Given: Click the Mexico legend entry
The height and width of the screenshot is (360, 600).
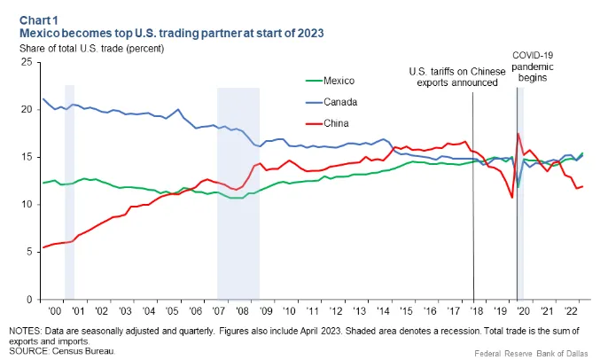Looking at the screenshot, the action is pos(331,81).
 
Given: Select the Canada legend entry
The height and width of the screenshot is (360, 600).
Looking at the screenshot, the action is pos(331,102).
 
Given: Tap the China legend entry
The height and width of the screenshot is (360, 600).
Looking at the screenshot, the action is pos(327,123).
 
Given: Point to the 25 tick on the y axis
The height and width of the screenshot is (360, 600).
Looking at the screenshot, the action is pos(27,62).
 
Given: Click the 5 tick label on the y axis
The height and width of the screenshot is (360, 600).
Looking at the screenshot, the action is pos(29,252).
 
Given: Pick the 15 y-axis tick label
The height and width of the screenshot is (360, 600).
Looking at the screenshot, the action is pos(27,157).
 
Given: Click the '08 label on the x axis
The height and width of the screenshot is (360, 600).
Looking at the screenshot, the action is pos(242,311).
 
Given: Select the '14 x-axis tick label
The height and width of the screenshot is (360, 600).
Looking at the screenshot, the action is pos(383,311).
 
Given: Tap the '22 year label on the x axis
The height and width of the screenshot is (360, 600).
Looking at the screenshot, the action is pos(570,311).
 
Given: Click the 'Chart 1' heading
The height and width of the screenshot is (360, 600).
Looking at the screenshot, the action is pos(39,20).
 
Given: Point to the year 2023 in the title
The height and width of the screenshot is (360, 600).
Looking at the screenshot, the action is pos(311,34).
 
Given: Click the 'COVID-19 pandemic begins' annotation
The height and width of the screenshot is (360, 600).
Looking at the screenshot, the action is pos(533,67).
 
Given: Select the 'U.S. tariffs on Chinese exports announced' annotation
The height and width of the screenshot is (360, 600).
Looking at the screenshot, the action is pos(457,77).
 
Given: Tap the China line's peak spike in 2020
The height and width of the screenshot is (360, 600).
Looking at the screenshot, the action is pos(518,133).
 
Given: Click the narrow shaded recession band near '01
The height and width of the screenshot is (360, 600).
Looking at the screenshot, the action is pos(69,192).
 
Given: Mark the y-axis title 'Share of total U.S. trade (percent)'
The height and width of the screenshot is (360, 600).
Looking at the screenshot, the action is pos(92,49).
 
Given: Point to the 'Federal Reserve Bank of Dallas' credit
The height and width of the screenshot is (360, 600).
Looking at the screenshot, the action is pos(532,353).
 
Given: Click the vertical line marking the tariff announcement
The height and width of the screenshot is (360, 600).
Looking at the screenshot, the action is pos(473,196).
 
